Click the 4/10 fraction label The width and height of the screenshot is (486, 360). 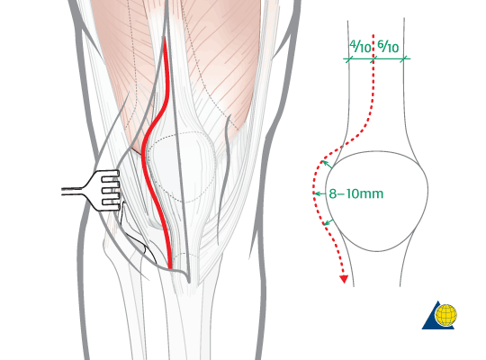pos(360,47)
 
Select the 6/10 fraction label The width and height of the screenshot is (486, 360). pos(388,47)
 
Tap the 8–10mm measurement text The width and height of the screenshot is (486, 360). pos(356,193)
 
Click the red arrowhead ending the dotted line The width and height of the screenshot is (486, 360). pos(344,279)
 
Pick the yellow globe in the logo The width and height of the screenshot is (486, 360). pos(446,315)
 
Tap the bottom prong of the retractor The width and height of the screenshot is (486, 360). pos(111,202)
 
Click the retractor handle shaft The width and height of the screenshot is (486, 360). pos(72,191)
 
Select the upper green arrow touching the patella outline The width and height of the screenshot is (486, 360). pos(327,165)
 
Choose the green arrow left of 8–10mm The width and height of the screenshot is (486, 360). pos(319,193)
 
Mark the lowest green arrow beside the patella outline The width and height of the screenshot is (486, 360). pos(328,221)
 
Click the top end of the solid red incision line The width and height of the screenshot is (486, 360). pos(165,38)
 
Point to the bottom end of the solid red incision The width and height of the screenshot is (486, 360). pos(170,267)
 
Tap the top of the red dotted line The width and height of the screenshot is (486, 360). pos(373,35)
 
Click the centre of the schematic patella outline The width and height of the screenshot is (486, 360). pos(377,201)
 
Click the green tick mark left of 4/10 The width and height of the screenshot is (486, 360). pos(349,58)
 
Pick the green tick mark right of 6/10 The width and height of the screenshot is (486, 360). pos(403,58)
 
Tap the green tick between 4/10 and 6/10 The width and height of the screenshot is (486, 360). pos(373,58)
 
